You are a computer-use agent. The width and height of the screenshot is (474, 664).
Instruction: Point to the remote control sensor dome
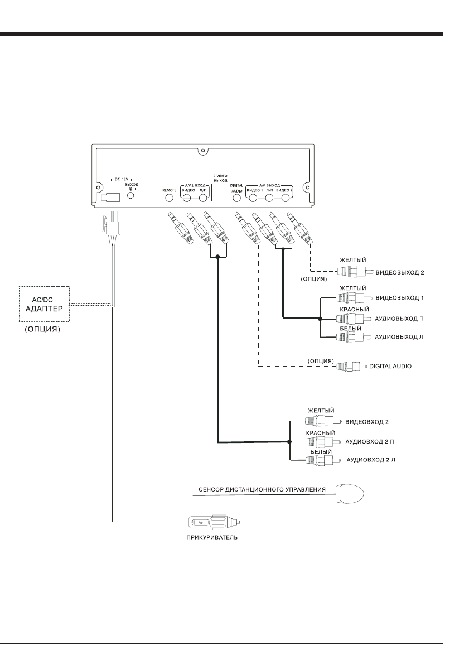pos(350,494)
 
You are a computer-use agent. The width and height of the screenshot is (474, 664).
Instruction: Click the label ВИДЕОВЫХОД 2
pos(400,273)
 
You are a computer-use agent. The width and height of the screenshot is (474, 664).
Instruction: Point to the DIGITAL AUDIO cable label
pos(390,367)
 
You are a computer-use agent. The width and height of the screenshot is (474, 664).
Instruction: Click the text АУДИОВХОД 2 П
pos(370,441)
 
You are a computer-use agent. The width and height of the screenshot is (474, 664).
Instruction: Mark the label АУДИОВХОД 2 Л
pos(371,461)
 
